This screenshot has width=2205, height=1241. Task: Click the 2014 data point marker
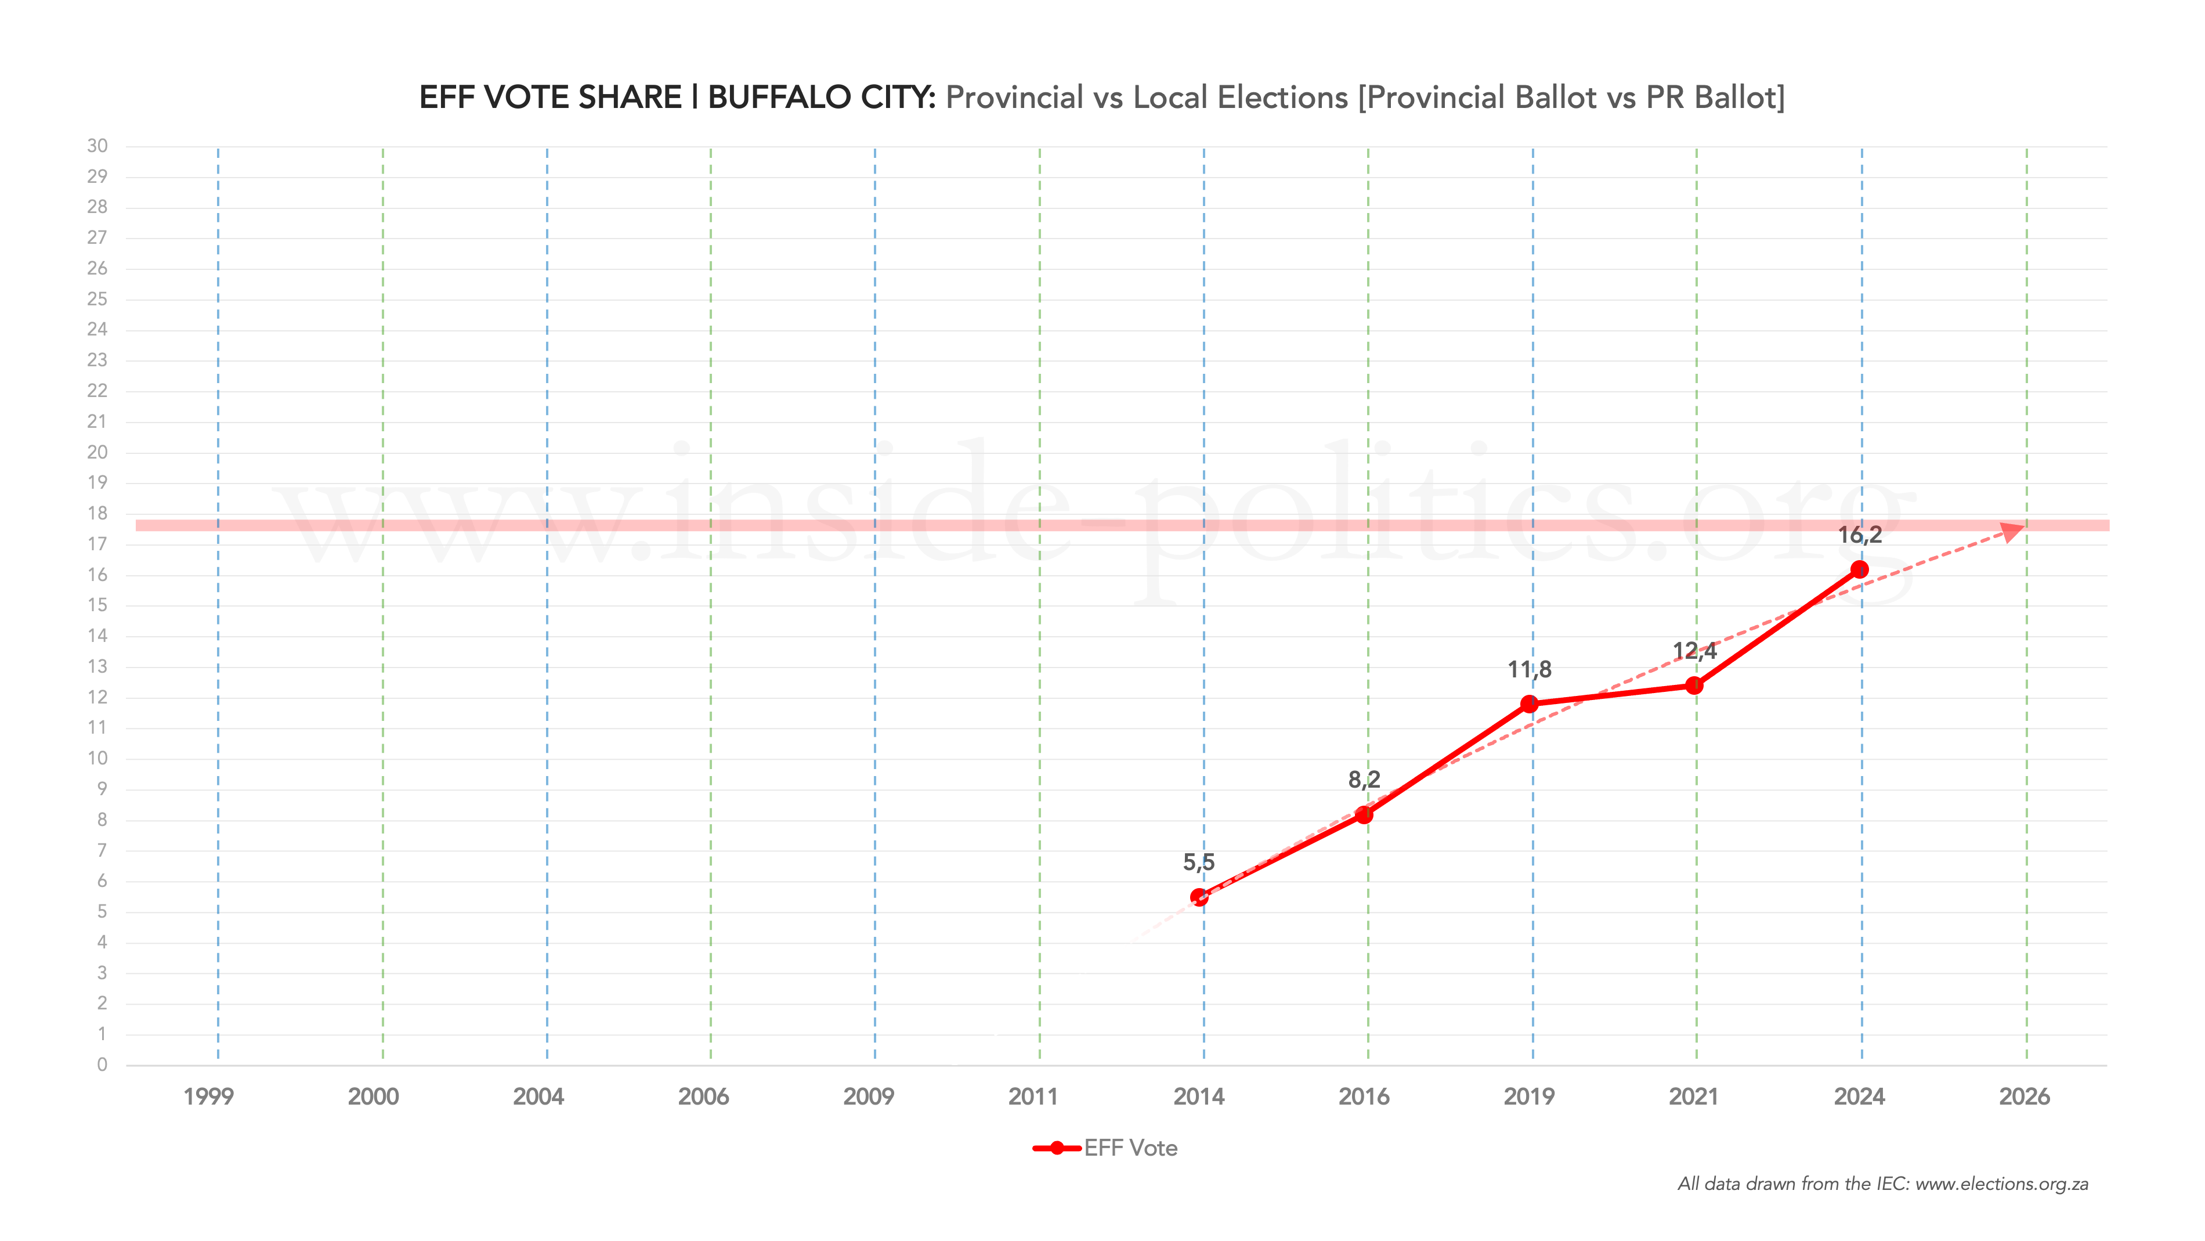1199,897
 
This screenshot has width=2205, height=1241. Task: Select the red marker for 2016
1364,814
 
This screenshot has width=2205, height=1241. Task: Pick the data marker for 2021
1694,685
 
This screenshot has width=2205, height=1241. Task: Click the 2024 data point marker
1859,569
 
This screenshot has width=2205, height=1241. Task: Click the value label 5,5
1198,863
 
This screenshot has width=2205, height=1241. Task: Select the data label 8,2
1364,780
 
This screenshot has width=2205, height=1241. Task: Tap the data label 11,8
1529,669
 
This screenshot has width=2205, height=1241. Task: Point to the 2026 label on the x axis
2025,1096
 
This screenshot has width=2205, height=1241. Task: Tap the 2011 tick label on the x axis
1033,1096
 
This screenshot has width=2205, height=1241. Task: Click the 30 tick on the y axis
97,146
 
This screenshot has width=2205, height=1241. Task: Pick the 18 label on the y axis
97,513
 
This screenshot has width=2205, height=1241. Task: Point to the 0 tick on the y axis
102,1065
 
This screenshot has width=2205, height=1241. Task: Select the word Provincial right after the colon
1014,98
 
